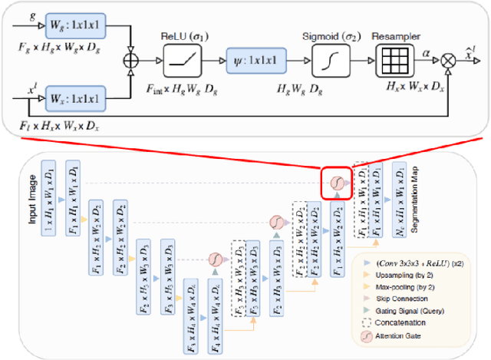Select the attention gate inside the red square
coord(336,183)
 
